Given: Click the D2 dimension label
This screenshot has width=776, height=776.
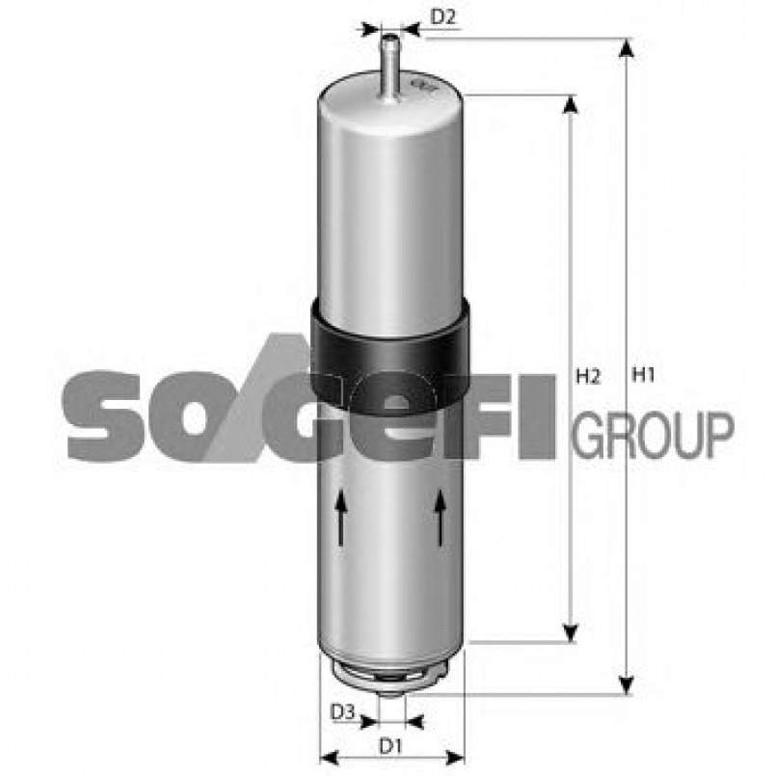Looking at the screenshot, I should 442,15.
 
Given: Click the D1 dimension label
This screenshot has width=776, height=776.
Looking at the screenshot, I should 389,744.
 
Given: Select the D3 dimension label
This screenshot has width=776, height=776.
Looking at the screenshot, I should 342,712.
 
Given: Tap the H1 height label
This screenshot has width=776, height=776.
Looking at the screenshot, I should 643,376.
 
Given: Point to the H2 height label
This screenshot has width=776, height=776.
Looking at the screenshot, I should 588,376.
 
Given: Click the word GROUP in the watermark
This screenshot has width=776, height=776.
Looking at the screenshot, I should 653,435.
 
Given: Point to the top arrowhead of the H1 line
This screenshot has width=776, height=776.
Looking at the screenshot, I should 628,48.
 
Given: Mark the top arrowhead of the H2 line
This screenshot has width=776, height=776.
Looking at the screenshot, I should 571,104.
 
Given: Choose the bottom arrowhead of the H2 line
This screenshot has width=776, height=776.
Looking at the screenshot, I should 571,631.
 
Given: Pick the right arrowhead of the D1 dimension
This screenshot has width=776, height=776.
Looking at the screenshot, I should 456,757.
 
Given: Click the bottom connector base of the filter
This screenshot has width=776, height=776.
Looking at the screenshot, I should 390,675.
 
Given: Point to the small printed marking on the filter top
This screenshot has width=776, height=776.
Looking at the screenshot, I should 422,91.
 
